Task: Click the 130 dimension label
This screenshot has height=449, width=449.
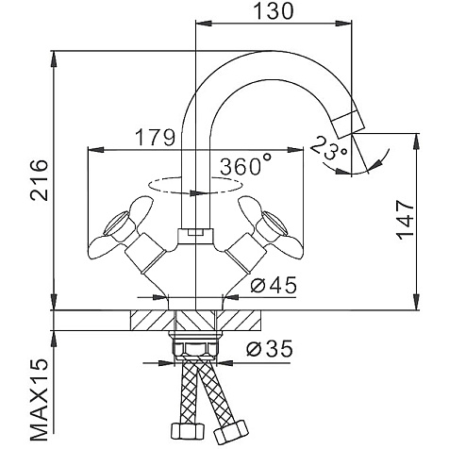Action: click(x=273, y=11)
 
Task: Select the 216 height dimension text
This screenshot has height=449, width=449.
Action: click(x=39, y=180)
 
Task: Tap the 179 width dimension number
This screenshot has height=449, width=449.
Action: click(x=155, y=137)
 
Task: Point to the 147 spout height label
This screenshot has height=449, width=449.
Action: click(x=405, y=220)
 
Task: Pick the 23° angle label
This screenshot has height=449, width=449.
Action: click(x=328, y=147)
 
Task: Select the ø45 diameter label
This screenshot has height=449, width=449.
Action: click(x=274, y=285)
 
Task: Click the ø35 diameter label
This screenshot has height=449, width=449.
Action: click(x=270, y=348)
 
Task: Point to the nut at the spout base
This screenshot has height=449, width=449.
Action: click(x=195, y=236)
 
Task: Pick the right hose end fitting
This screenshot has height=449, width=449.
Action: click(x=230, y=432)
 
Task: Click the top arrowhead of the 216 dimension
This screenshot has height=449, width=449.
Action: click(x=54, y=58)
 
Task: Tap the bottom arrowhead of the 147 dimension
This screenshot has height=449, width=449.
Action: click(x=416, y=302)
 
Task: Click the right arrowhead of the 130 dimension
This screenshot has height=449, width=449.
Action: click(x=343, y=24)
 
